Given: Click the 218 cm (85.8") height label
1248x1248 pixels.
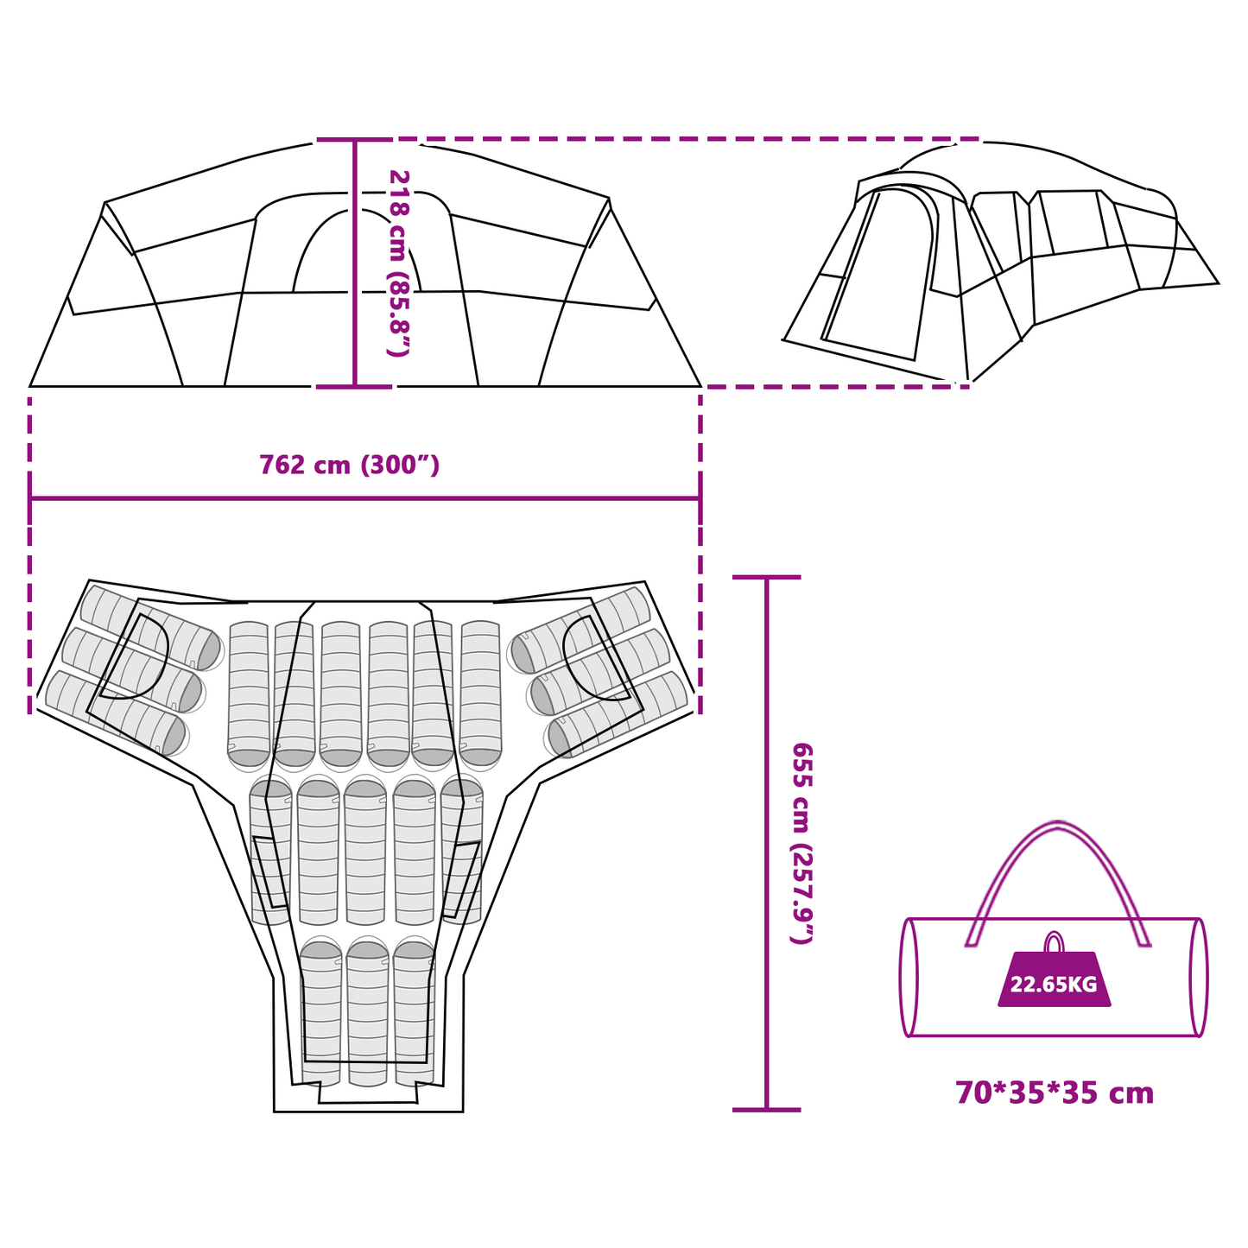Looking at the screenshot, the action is [x=398, y=263].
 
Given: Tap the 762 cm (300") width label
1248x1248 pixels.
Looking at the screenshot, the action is [x=350, y=465].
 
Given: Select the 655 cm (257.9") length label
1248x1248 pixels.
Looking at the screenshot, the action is [x=802, y=844].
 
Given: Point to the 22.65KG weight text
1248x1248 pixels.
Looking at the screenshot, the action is [x=1054, y=985].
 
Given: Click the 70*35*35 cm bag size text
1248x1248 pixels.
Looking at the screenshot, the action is [x=1055, y=1094].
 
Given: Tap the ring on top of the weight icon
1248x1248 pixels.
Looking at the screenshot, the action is [x=1055, y=941].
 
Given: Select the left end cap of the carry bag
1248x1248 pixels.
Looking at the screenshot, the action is [x=909, y=978].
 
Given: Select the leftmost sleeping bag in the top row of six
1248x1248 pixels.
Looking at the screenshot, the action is [x=249, y=695].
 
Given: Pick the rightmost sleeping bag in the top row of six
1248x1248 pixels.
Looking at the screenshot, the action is [x=481, y=695].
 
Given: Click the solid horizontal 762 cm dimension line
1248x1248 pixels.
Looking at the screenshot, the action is [x=364, y=498].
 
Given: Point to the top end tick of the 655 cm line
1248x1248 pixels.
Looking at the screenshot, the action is [x=767, y=576].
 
